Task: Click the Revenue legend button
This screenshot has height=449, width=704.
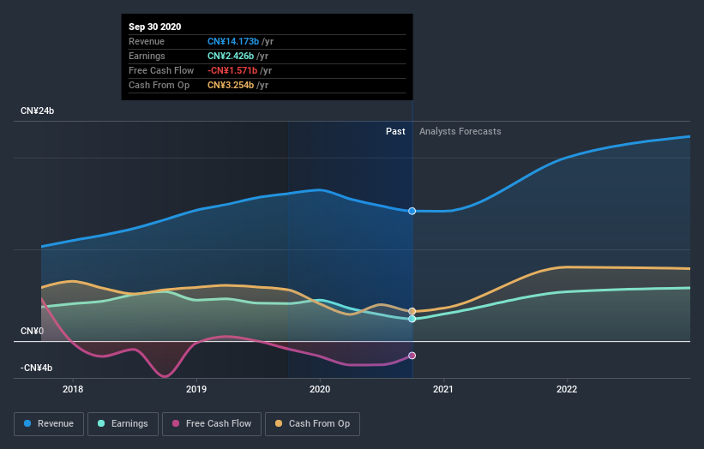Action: point(50,423)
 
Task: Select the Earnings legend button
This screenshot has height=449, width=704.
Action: point(123,423)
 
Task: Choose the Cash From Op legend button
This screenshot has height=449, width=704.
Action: point(312,423)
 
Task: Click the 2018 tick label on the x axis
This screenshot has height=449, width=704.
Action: point(73,389)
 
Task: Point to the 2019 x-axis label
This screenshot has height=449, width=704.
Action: point(196,389)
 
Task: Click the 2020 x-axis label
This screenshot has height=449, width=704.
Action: point(320,389)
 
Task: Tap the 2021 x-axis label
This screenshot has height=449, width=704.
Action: point(443,389)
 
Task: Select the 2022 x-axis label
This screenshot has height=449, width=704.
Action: point(567,389)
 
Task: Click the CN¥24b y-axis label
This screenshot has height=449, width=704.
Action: point(38,111)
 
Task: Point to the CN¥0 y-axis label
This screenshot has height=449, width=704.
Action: point(33,331)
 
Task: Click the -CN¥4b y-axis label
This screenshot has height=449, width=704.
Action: point(36,368)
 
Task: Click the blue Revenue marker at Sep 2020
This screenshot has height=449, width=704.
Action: point(412,211)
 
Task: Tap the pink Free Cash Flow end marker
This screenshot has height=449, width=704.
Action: point(412,356)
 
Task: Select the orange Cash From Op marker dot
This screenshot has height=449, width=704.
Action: point(412,311)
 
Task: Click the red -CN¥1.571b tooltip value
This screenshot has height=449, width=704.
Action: point(238,70)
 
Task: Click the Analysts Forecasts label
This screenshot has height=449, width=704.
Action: point(460,131)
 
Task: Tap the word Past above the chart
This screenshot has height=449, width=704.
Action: point(395,131)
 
